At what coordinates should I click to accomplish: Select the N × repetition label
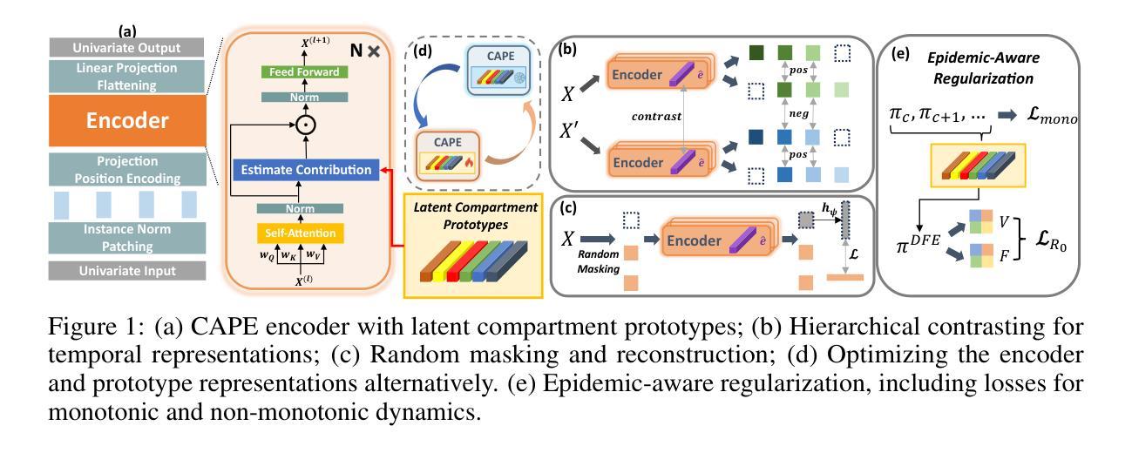[x=362, y=51]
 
